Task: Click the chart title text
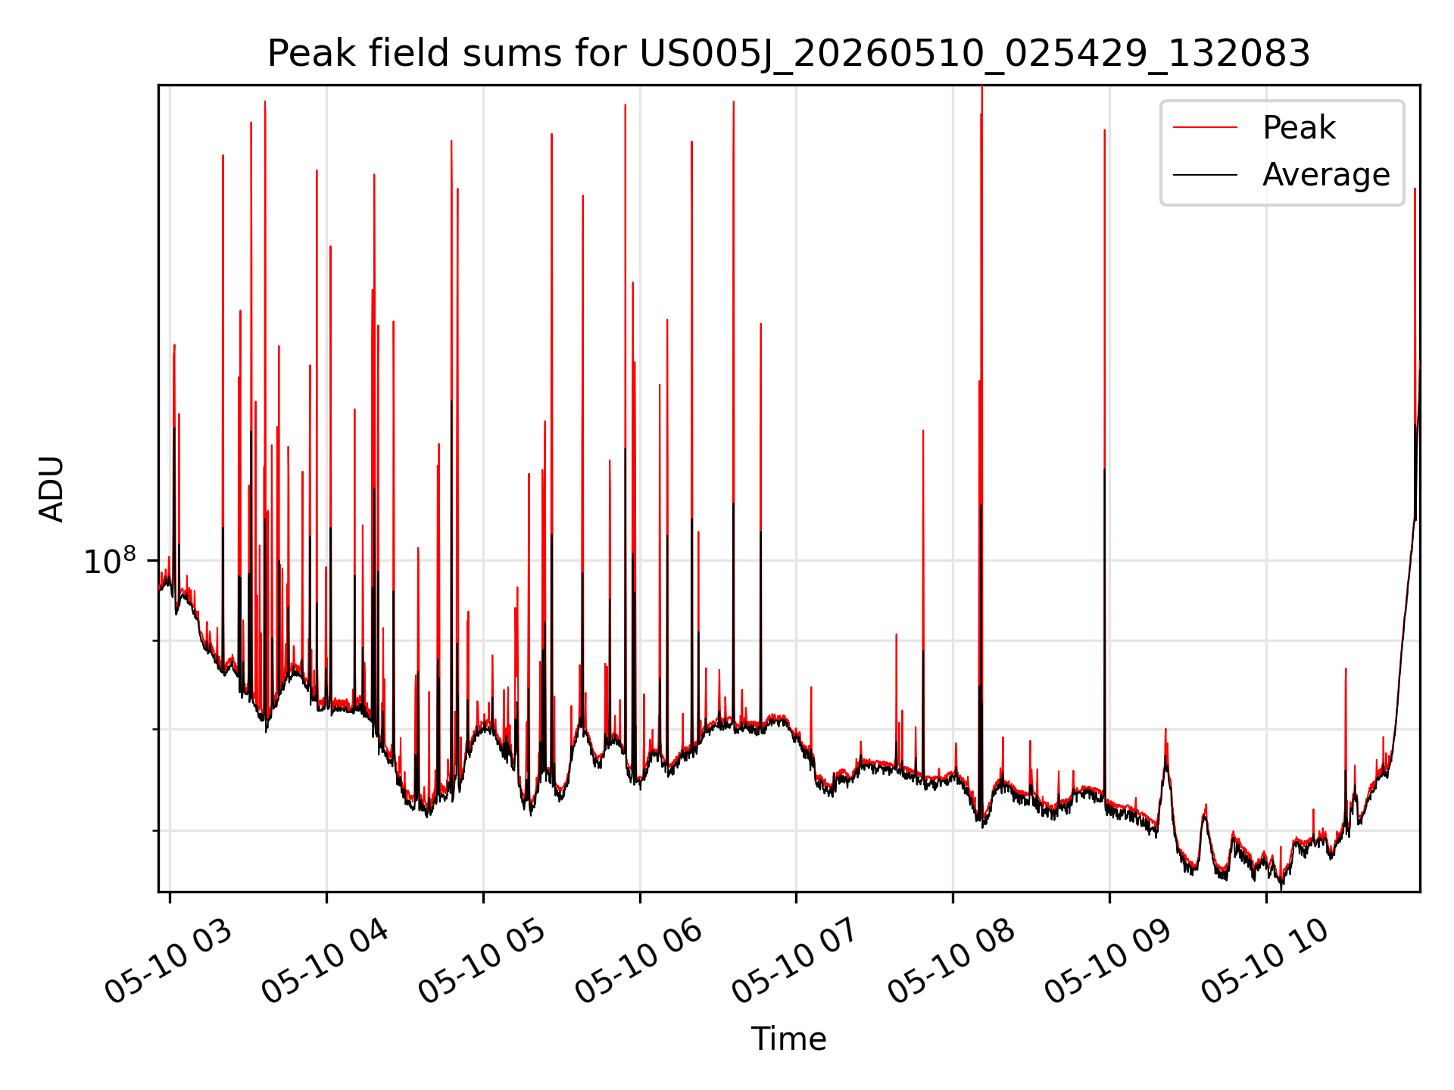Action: click(x=788, y=54)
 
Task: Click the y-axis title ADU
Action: click(x=51, y=489)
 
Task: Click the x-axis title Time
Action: click(x=788, y=1039)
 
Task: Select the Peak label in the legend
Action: click(x=1299, y=128)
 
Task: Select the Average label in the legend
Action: click(x=1326, y=175)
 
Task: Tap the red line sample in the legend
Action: click(x=1205, y=128)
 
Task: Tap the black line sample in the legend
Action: click(x=1205, y=175)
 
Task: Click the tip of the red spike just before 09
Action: click(x=1104, y=130)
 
